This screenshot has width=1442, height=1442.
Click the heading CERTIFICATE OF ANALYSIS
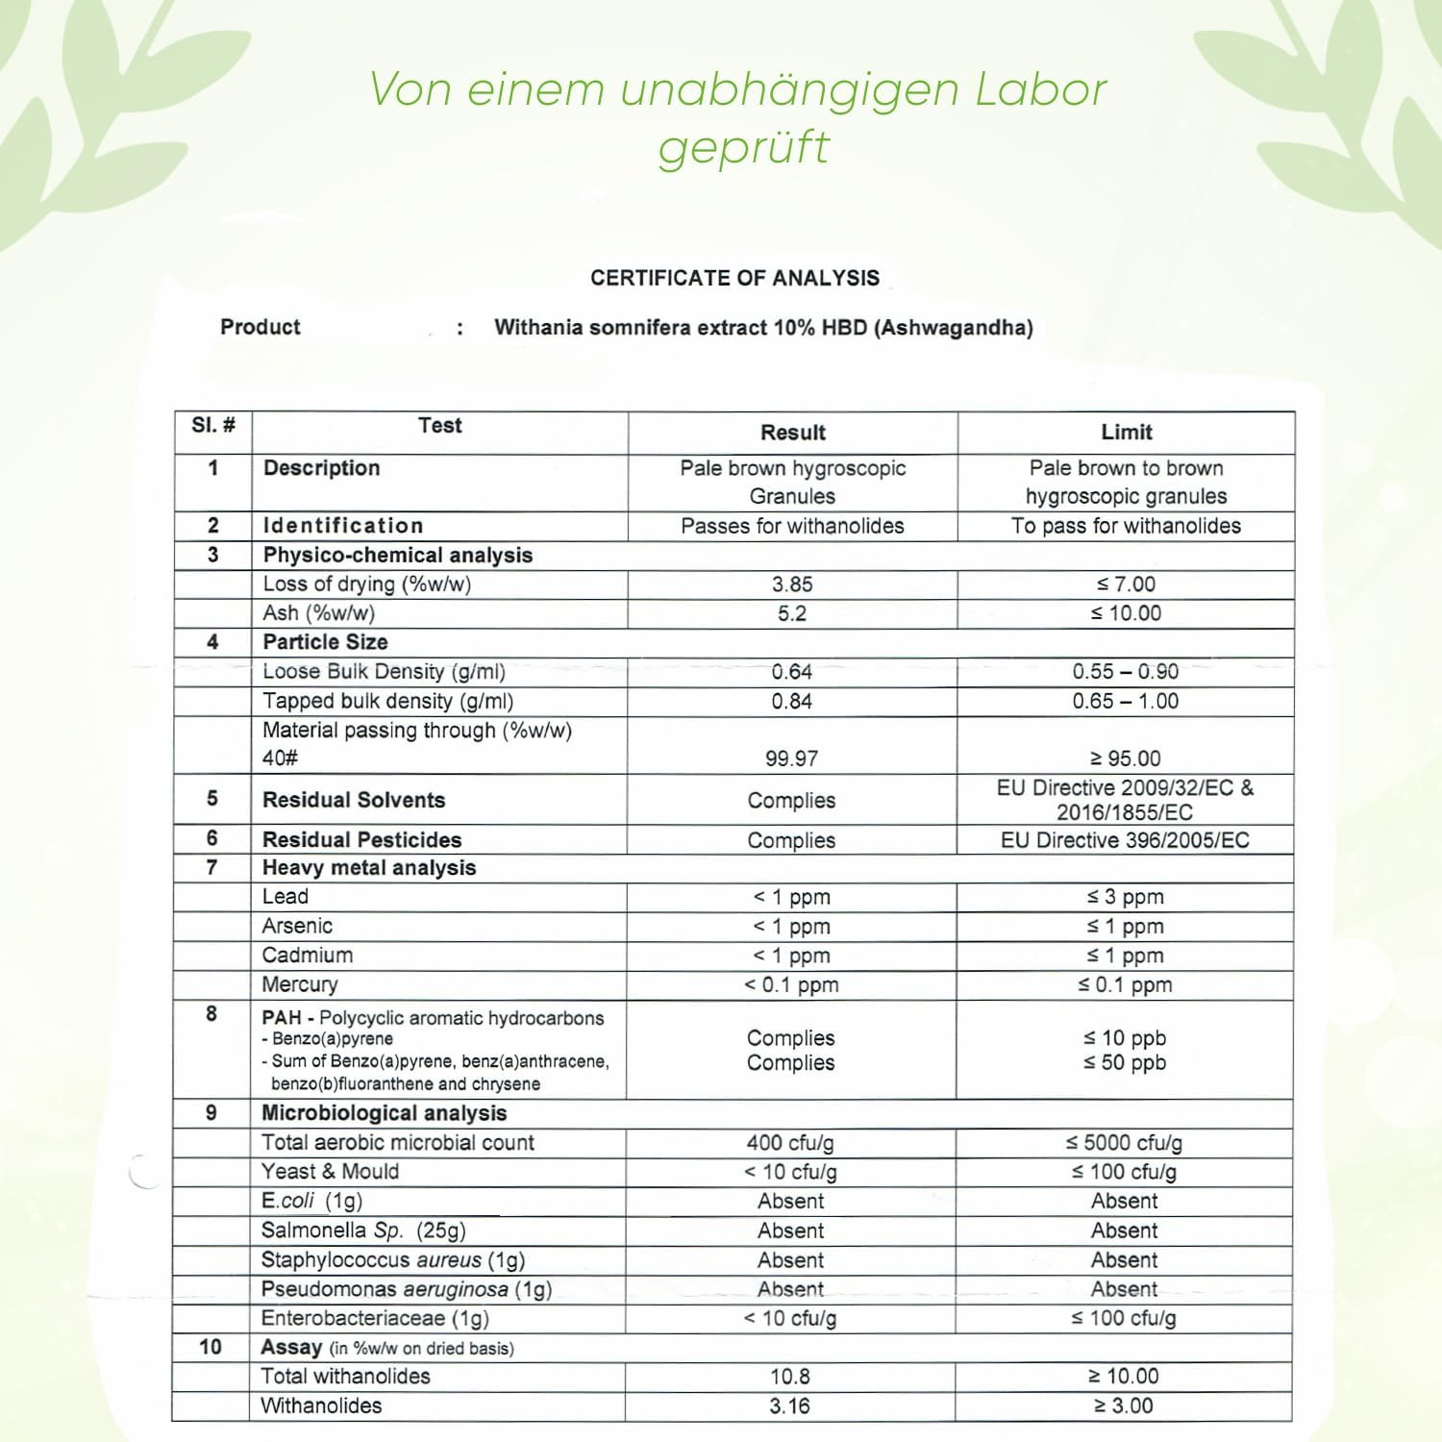[x=734, y=278]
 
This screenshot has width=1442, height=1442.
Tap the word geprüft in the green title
[x=743, y=148]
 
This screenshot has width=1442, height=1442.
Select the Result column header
[x=792, y=433]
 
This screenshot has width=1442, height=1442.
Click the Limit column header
[x=1126, y=433]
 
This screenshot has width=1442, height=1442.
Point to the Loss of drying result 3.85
[x=792, y=584]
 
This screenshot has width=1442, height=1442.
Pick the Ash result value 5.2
[x=792, y=613]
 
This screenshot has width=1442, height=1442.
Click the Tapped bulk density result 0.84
[x=791, y=702]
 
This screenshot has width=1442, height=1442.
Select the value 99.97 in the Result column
[x=791, y=758]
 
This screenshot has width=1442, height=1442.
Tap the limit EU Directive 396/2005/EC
[x=1125, y=840]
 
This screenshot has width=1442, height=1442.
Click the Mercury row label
[x=300, y=984]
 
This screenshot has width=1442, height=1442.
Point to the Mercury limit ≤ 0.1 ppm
[x=1125, y=984]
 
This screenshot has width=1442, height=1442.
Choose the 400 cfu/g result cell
[x=790, y=1143]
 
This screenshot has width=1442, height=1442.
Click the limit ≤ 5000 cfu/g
[x=1124, y=1143]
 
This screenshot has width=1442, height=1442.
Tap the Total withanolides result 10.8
[x=790, y=1377]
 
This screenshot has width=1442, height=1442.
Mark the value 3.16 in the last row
[x=789, y=1405]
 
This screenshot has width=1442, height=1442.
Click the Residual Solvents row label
[x=354, y=800]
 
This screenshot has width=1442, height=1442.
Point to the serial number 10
[x=211, y=1347]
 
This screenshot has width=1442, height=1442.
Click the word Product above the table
[x=261, y=327]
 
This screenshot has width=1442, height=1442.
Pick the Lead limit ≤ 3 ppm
[x=1125, y=897]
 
